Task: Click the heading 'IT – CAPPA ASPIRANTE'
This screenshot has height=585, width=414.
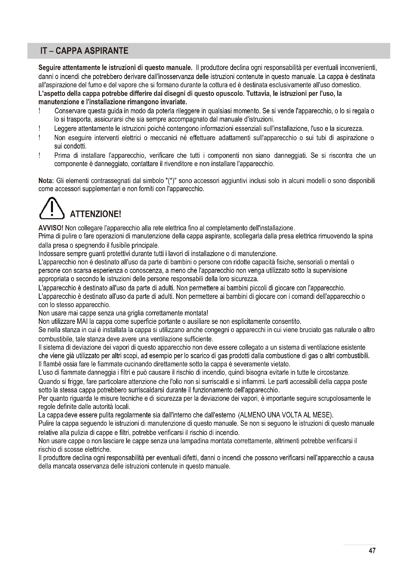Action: [84, 51]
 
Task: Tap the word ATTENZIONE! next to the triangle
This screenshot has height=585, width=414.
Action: [95, 214]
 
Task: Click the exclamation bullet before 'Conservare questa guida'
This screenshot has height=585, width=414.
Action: [40, 111]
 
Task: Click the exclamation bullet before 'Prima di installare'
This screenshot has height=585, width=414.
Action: [40, 155]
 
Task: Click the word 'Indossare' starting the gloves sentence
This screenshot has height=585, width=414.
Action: [52, 254]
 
